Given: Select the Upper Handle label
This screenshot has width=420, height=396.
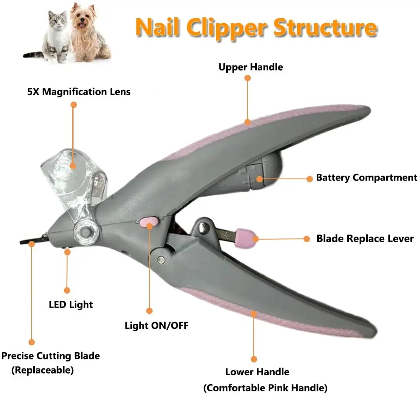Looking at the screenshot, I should [250, 67].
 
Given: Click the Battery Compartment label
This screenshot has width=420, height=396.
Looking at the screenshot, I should [366, 178].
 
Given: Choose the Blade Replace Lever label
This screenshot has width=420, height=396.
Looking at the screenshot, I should [365, 238].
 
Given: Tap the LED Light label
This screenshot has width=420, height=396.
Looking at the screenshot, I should [71, 304].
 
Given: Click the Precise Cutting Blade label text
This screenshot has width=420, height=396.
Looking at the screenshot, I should [51, 356].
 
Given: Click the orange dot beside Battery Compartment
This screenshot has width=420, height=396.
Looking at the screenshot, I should [310, 179].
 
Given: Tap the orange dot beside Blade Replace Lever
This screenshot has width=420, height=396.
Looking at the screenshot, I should [306, 239].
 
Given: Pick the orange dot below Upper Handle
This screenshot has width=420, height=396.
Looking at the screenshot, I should [247, 78].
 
